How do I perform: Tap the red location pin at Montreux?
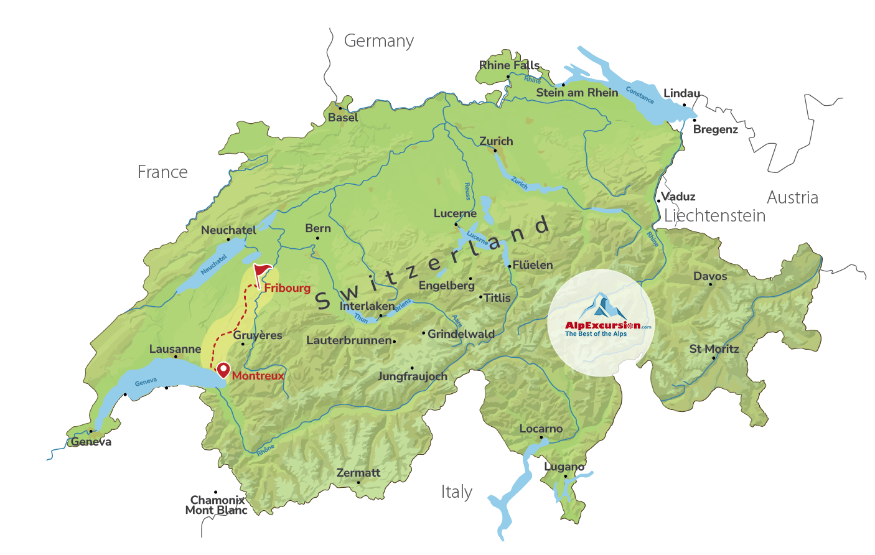pos(223,370)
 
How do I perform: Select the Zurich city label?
pos(496,141)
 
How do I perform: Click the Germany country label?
pos(378,41)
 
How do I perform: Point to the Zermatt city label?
pos(358,473)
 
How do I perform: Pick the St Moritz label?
pos(714,349)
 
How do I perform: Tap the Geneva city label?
pos(91,442)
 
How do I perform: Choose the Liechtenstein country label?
pos(714,216)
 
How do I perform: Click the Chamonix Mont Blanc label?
pos(217,505)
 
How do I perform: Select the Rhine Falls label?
pos(509,65)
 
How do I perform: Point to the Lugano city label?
pos(564,467)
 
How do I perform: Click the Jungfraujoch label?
pos(412,376)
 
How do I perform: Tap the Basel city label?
pos(343,118)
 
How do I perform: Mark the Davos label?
pos(710,276)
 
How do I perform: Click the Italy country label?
pos(456,492)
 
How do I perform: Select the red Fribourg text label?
pos(287,288)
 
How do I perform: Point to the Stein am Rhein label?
pos(577,93)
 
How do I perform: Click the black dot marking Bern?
pos(317,238)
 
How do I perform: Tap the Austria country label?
pos(792,198)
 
